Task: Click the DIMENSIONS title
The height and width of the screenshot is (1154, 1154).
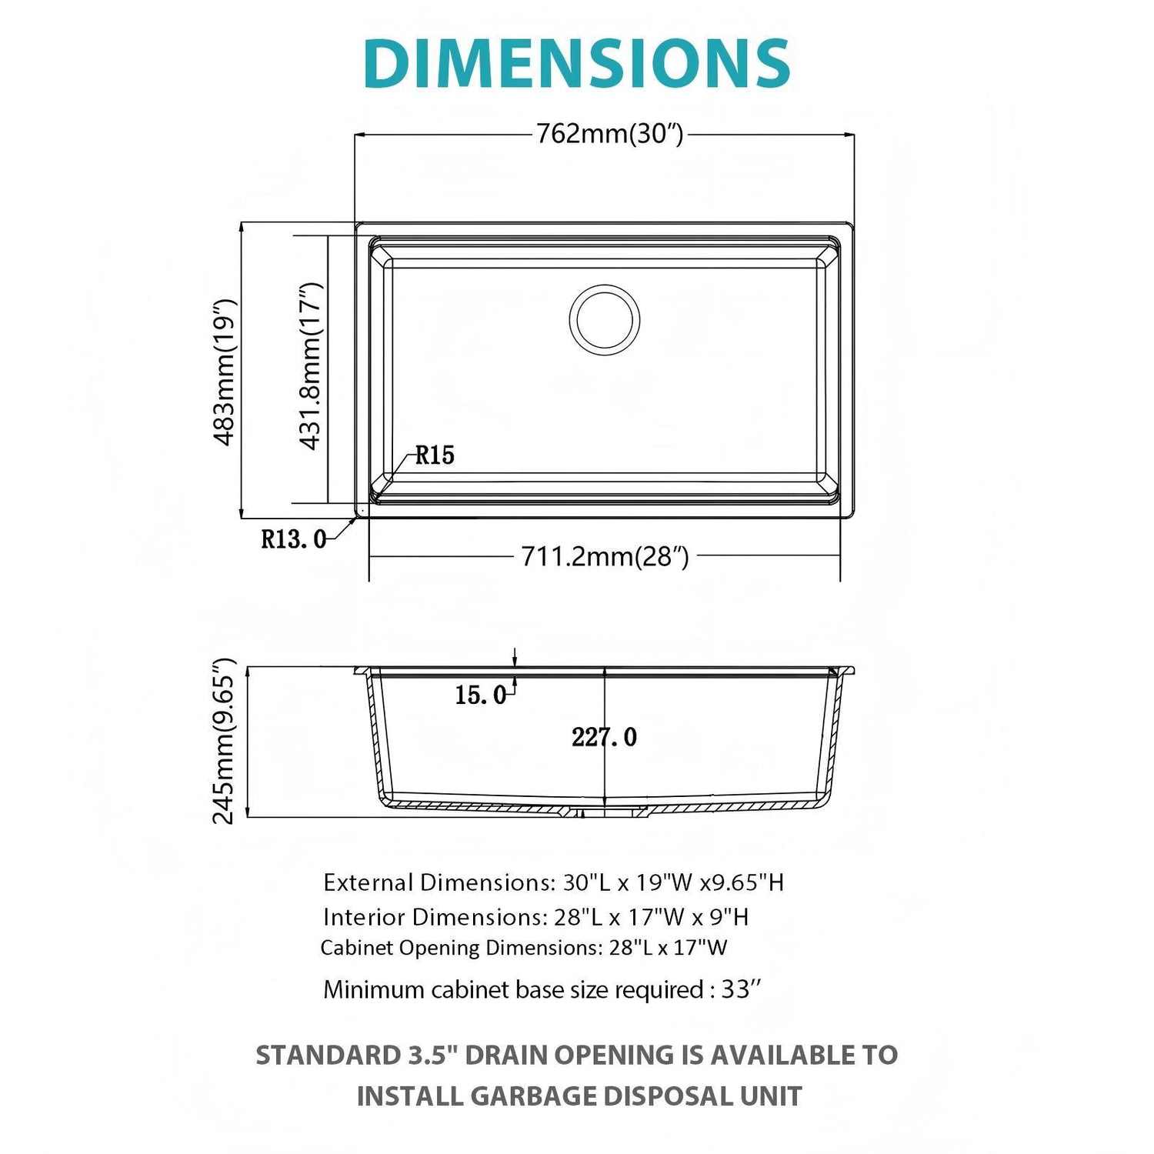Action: tap(577, 63)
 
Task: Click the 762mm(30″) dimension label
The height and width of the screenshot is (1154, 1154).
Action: tap(609, 134)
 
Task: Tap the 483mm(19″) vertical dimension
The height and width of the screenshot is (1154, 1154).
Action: tap(223, 372)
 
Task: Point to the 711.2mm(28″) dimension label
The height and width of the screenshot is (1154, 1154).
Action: tap(605, 555)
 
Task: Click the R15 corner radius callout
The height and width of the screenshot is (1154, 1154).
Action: tap(435, 455)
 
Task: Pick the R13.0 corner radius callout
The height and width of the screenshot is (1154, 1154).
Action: tap(293, 539)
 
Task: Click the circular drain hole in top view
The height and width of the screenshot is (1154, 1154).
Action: tap(605, 319)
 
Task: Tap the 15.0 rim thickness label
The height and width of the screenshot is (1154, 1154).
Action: tap(480, 695)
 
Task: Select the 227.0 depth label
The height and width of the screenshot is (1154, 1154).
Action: tap(604, 737)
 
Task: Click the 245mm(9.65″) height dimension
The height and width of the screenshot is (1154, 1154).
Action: tap(223, 742)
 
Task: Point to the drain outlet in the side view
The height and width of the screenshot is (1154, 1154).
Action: tap(605, 811)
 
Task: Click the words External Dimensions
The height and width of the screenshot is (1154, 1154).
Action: tap(435, 882)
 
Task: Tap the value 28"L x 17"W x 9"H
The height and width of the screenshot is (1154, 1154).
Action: tap(651, 917)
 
